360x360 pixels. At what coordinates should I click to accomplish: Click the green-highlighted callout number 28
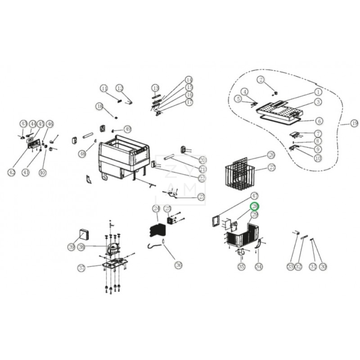coord(255,206)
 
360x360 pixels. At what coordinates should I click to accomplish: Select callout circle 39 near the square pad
coord(72,247)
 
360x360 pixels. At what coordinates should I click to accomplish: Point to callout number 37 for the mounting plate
coord(81,268)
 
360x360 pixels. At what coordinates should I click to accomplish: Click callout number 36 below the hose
coord(179,265)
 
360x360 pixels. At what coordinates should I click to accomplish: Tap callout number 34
coord(258,267)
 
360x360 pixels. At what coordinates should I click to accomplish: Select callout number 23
coord(201,197)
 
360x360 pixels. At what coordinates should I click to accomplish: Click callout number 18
coord(99,106)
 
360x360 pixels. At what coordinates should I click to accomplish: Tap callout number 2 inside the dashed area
coord(260,80)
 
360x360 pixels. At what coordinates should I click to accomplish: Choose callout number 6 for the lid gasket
coord(318,121)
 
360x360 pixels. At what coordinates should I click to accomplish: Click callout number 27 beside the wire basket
coord(272,167)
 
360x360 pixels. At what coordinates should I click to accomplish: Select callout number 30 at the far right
coord(323,267)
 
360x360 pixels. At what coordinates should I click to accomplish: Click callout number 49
coord(128,129)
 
